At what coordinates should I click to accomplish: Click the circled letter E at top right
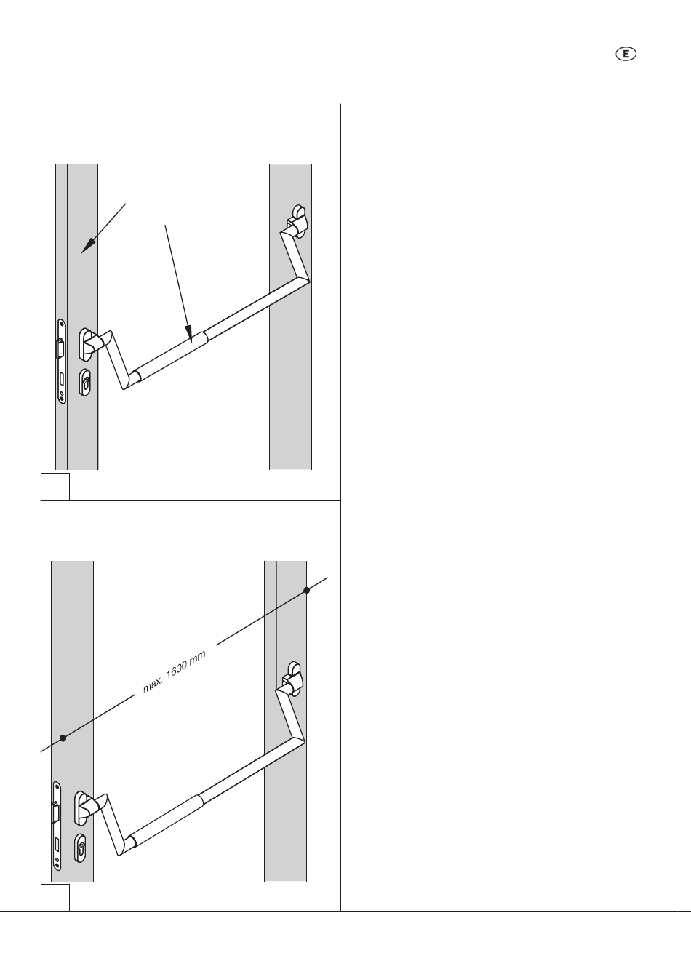point(626,55)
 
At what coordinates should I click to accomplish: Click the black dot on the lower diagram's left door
point(63,738)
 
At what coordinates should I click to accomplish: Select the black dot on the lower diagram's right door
point(306,590)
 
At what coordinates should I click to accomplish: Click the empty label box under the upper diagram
point(55,487)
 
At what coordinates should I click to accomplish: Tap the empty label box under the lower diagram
point(55,898)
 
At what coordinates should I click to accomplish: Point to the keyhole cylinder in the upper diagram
point(85,382)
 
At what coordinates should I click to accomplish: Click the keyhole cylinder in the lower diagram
point(81,848)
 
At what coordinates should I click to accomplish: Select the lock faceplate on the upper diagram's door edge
point(62,362)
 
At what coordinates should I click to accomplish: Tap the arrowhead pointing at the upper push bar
point(189,335)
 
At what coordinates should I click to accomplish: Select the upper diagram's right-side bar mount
point(298,221)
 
